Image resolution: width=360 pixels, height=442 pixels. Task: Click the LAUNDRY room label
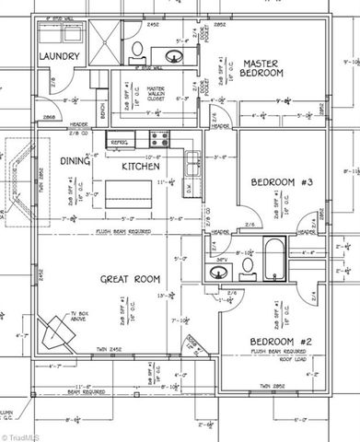coord(61,56)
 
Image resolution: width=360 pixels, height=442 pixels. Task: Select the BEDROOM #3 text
coord(283,183)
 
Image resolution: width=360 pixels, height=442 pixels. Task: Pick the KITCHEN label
coord(141,167)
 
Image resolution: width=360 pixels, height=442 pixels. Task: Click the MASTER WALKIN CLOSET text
coord(162,95)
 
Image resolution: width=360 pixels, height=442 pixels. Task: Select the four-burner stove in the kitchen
coord(157,139)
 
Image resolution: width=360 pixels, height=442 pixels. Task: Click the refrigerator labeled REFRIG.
coord(119,143)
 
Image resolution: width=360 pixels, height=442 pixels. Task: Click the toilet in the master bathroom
coord(135,51)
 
